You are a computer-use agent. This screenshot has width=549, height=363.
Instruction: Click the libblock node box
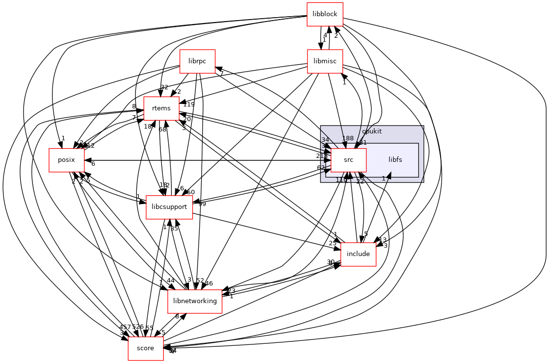[x=325, y=14]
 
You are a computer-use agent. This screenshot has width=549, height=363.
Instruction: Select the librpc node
[x=198, y=61]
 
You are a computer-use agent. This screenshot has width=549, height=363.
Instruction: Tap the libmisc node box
[x=325, y=61]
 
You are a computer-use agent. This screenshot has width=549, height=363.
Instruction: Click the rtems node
[x=161, y=108]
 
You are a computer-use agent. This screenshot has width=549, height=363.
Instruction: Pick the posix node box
[x=66, y=160]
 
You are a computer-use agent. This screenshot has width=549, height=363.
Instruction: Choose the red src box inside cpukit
[x=348, y=160]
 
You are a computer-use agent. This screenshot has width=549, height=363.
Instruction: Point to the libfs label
[x=395, y=160]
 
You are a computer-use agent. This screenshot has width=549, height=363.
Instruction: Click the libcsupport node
[x=169, y=207]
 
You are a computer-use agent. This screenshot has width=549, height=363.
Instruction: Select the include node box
[x=358, y=254]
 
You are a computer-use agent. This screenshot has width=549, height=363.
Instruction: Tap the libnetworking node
[x=195, y=301]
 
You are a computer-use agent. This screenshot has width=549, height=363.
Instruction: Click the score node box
[x=146, y=348]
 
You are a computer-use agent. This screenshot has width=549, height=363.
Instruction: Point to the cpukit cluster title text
[x=371, y=132]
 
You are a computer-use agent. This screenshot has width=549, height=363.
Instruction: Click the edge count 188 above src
[x=348, y=139]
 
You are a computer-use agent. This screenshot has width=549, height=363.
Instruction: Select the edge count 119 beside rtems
[x=189, y=104]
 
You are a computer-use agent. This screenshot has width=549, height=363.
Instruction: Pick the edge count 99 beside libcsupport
[x=202, y=204]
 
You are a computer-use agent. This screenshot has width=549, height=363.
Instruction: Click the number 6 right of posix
[x=93, y=164]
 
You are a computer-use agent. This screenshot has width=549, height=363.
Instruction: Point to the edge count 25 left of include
[x=333, y=244]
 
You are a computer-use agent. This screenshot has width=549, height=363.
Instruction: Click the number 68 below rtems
[x=162, y=130]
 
